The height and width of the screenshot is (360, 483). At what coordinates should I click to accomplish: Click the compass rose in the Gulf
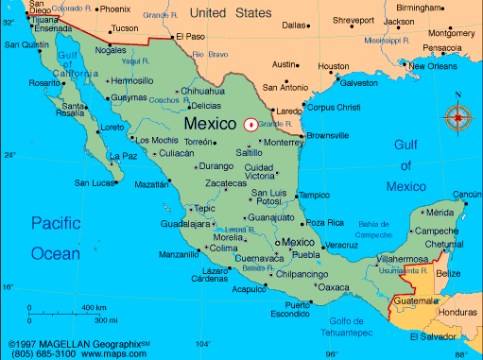(458, 117)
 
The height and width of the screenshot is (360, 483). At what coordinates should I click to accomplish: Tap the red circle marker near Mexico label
(250, 124)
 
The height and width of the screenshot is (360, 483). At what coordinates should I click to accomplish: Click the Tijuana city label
(24, 17)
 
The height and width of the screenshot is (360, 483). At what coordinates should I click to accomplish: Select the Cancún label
(466, 195)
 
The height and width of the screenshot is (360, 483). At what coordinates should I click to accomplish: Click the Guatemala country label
(416, 300)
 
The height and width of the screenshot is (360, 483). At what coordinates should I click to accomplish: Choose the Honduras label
(457, 313)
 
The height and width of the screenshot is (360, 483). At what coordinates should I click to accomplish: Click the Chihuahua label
(202, 92)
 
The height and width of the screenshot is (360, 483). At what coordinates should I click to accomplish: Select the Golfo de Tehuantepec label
(333, 326)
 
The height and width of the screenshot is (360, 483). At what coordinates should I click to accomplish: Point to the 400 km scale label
(94, 308)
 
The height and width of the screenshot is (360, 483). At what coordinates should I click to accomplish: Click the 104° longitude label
(203, 344)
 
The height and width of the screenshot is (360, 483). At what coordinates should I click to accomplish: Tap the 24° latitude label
(9, 155)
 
